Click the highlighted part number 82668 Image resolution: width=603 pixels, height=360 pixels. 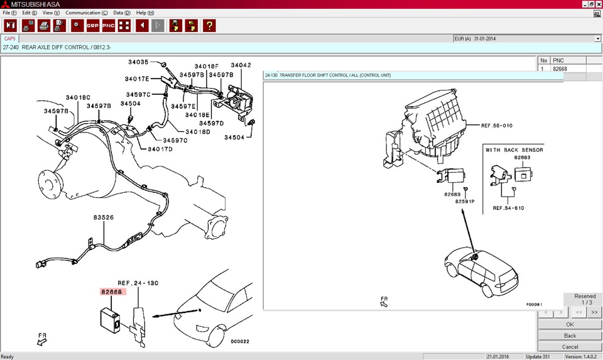112,292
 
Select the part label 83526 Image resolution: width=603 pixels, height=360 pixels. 104,217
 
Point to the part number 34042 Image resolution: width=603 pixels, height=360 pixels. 241,65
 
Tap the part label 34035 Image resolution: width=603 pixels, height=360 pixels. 138,62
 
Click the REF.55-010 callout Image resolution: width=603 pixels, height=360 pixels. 496,126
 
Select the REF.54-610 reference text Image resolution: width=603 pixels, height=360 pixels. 508,208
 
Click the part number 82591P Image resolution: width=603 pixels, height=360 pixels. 465,201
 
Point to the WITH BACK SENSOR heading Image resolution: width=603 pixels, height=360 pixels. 514,150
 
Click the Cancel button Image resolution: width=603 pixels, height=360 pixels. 570,347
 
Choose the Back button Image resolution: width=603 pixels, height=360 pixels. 570,335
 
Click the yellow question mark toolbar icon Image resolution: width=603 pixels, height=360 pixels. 209,26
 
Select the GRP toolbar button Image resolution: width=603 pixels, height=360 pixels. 93,26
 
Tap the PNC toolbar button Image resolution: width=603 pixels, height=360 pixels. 109,26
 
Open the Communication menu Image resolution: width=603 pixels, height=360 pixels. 87,13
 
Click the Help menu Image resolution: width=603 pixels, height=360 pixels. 145,13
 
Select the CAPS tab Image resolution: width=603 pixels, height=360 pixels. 10,38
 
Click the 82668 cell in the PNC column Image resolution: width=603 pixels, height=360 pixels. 568,69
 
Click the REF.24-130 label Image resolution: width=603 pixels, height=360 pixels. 138,283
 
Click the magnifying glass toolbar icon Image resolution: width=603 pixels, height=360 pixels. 77,26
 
